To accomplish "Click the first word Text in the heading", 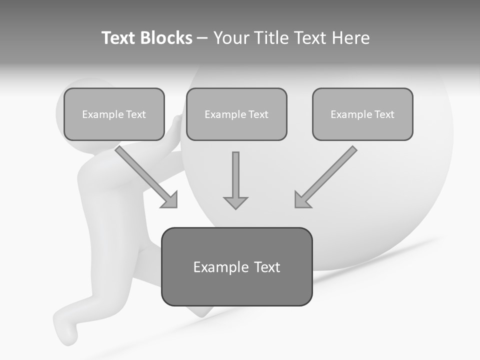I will [119, 38].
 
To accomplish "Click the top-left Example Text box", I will [114, 114].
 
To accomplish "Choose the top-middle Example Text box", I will [236, 114].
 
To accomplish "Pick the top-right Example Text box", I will [362, 114].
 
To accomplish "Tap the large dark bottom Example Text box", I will [236, 267].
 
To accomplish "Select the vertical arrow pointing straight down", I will [235, 177].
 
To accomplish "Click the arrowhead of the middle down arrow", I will [235, 202].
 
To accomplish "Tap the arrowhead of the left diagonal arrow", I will [170, 200].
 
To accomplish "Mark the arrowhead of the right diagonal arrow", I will [301, 200].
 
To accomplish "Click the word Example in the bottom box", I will [214, 267].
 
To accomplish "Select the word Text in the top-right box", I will [384, 114].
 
